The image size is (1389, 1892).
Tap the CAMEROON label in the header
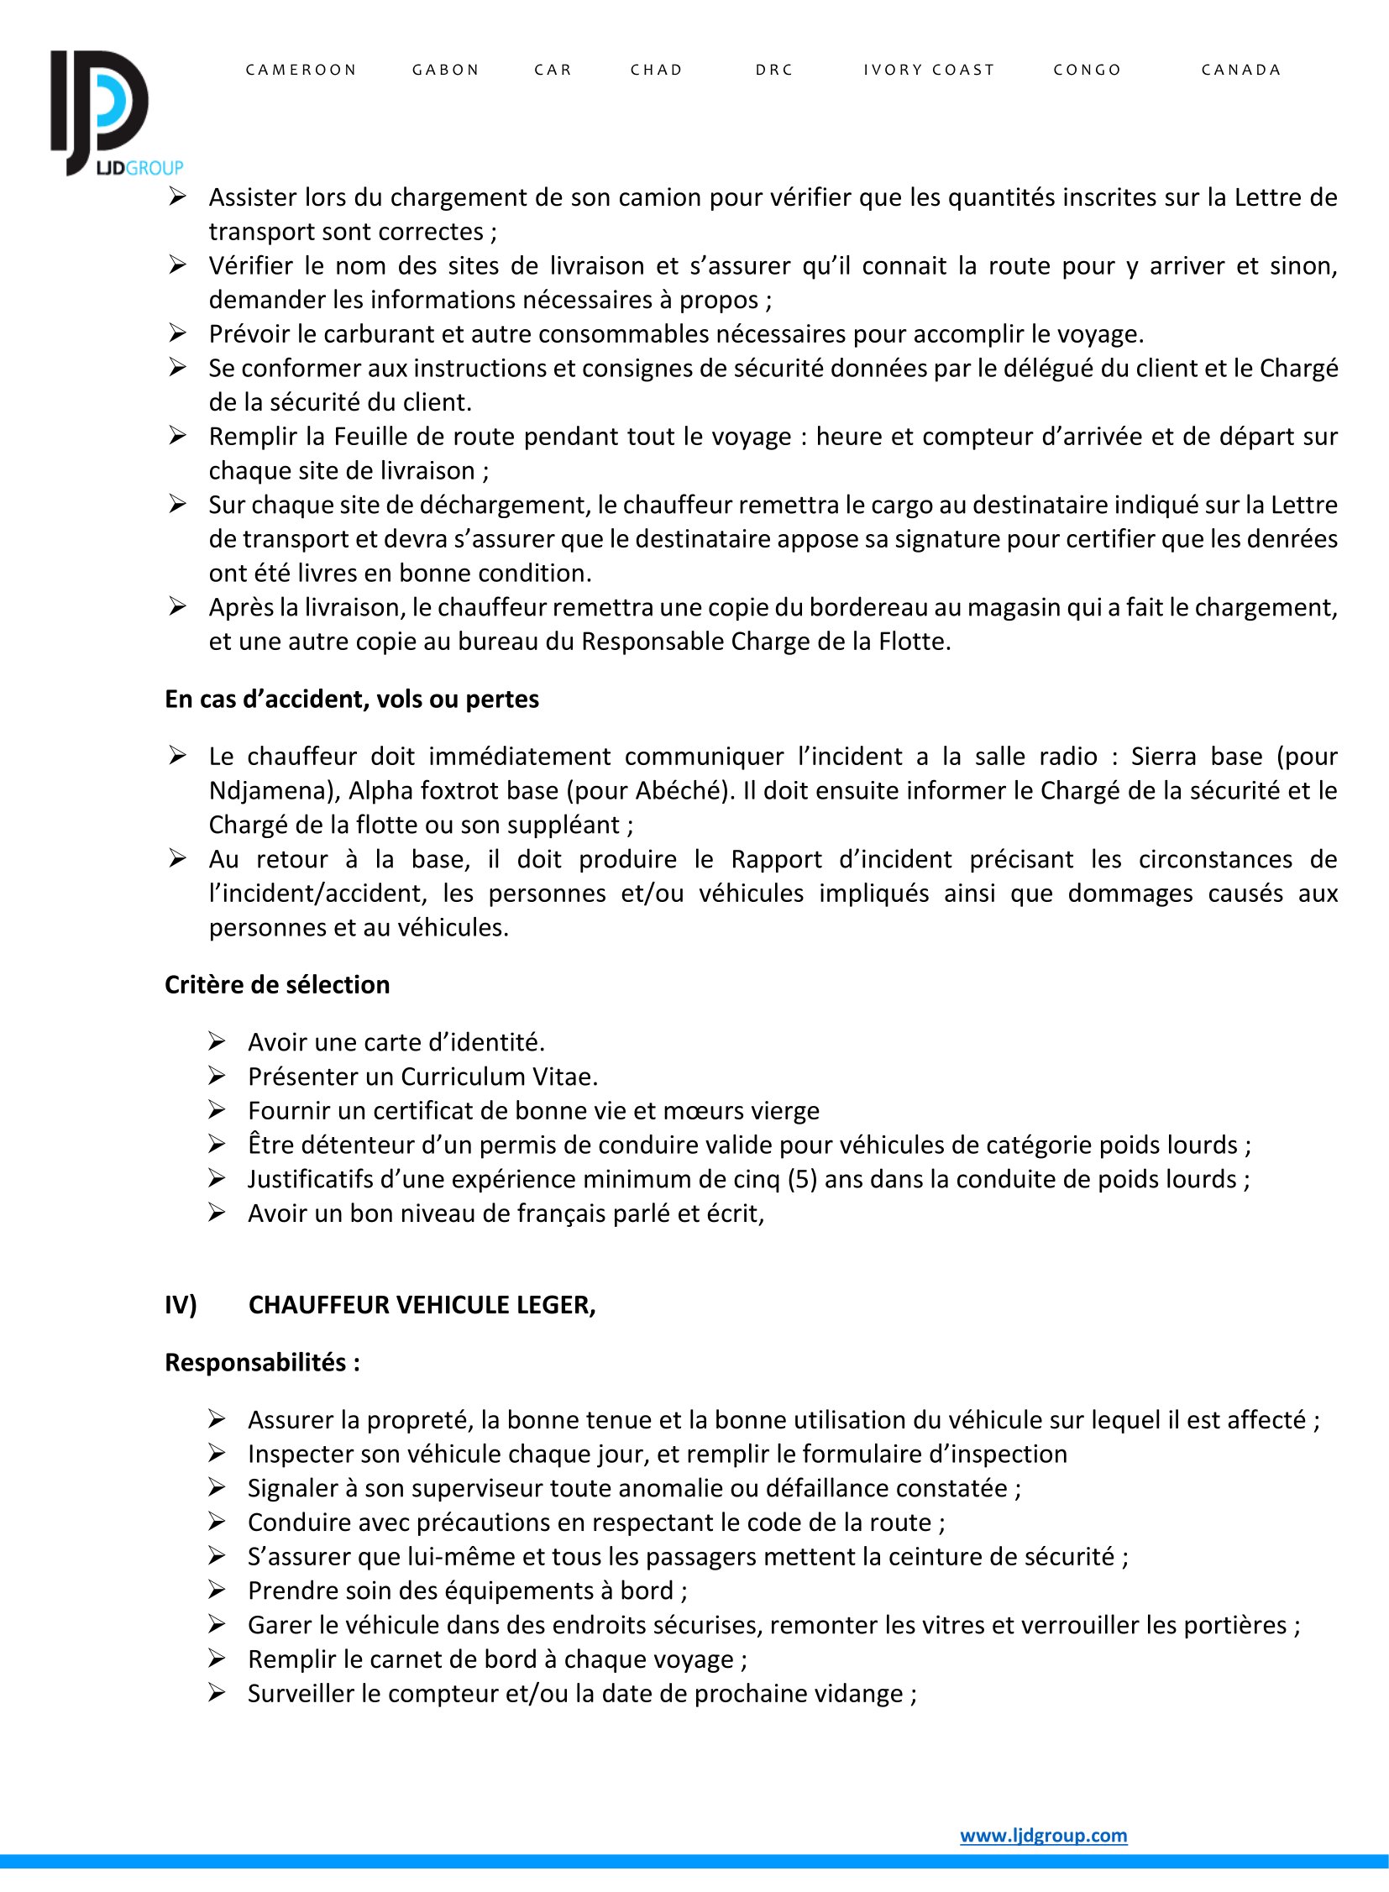click(301, 70)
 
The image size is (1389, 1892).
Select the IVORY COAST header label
click(929, 70)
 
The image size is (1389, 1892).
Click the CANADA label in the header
click(1241, 70)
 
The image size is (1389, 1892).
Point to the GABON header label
click(446, 70)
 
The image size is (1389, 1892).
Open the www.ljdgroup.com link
click(1044, 1835)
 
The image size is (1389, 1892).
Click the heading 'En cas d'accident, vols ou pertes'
click(352, 699)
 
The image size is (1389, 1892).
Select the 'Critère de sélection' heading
click(276, 985)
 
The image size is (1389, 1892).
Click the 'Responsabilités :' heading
click(262, 1362)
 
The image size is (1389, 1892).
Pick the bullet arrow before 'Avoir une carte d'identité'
click(217, 1042)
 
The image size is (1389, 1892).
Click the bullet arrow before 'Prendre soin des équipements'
click(217, 1591)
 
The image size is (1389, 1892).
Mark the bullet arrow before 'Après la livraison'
click(177, 606)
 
